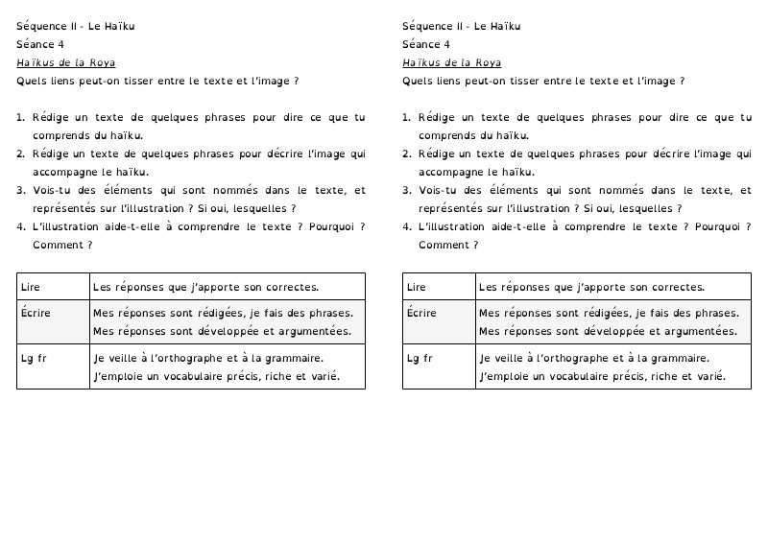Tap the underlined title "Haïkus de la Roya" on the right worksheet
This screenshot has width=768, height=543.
tap(451, 63)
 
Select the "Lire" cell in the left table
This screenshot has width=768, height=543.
tap(53, 286)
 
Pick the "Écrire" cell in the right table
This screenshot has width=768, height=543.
tap(439, 321)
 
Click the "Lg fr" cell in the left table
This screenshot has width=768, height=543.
tap(53, 366)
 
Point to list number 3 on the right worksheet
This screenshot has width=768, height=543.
tap(406, 190)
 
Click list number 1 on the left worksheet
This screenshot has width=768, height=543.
tap(20, 118)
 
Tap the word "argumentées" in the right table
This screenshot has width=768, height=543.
tap(702, 332)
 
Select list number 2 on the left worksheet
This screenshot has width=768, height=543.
tap(20, 153)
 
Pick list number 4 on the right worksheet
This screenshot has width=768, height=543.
tap(406, 227)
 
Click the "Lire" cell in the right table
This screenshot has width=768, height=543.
tap(439, 286)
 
